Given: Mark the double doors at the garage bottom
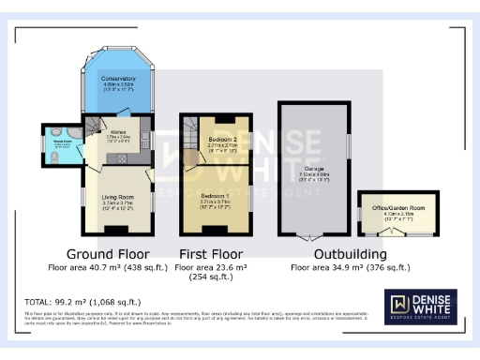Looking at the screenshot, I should click(x=313, y=238).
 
